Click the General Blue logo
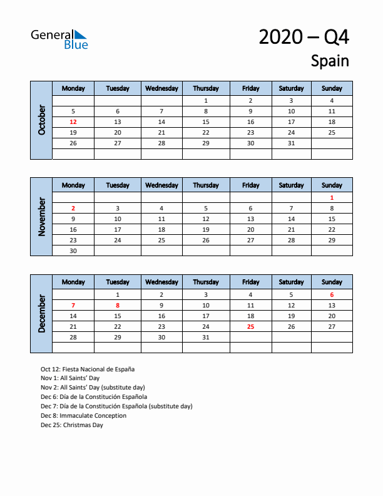click(x=59, y=39)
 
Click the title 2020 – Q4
click(x=304, y=38)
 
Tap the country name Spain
click(x=330, y=61)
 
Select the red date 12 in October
click(x=73, y=122)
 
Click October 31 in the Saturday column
click(x=291, y=143)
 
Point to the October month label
click(x=42, y=120)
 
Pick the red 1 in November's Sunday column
click(x=332, y=197)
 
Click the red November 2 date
click(x=73, y=208)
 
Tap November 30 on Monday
click(x=73, y=251)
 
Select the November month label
click(x=42, y=217)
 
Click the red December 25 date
click(x=250, y=326)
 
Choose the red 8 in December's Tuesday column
click(x=118, y=305)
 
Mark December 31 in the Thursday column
click(x=206, y=337)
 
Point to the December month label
click(x=42, y=313)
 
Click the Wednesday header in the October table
click(x=161, y=88)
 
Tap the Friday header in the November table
click(x=250, y=185)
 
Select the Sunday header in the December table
click(x=332, y=282)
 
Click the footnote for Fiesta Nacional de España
click(x=88, y=369)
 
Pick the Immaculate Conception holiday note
click(x=83, y=415)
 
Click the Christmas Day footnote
click(x=72, y=425)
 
